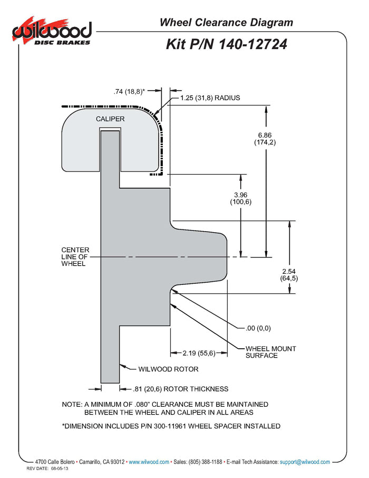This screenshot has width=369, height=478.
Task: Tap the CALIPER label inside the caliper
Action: [x=110, y=119]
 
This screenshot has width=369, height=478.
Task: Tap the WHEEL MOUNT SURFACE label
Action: [x=270, y=352]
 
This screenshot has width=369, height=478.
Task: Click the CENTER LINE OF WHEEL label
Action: [x=75, y=256]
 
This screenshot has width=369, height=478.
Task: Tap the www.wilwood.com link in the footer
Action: [x=149, y=462]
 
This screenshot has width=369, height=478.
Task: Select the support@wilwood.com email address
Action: [x=305, y=462]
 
